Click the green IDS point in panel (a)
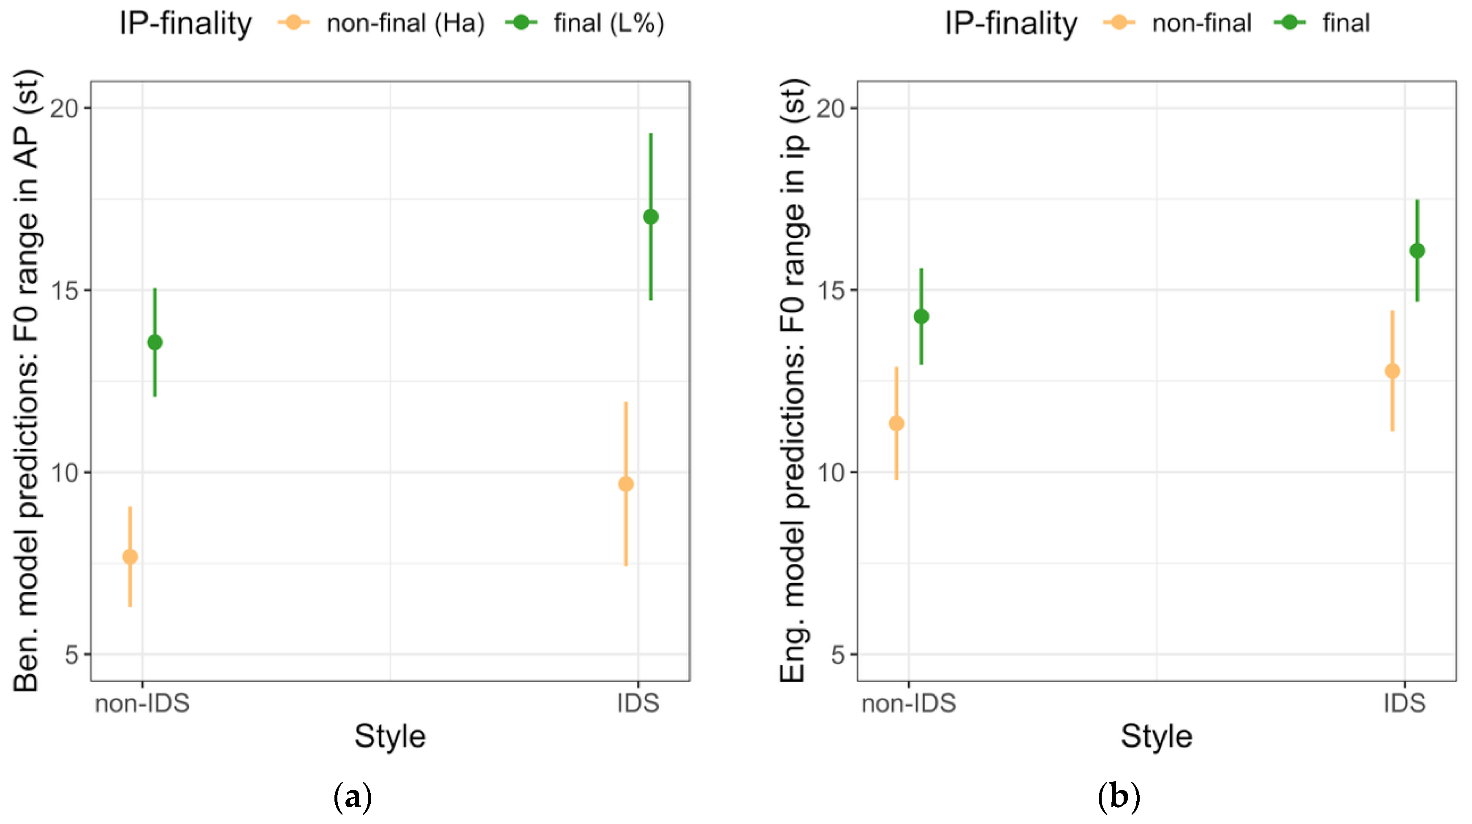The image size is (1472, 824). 651,217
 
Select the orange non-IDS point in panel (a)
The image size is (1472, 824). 130,557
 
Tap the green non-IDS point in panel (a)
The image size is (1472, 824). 155,342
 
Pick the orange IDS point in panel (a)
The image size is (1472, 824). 626,484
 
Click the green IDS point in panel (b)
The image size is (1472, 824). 1417,250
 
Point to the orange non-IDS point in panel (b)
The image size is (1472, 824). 896,424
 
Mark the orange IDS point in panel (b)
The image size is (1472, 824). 1393,371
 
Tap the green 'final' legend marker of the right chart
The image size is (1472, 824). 1290,22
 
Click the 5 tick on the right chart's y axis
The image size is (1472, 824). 838,654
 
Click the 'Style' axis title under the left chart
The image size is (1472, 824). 390,737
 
